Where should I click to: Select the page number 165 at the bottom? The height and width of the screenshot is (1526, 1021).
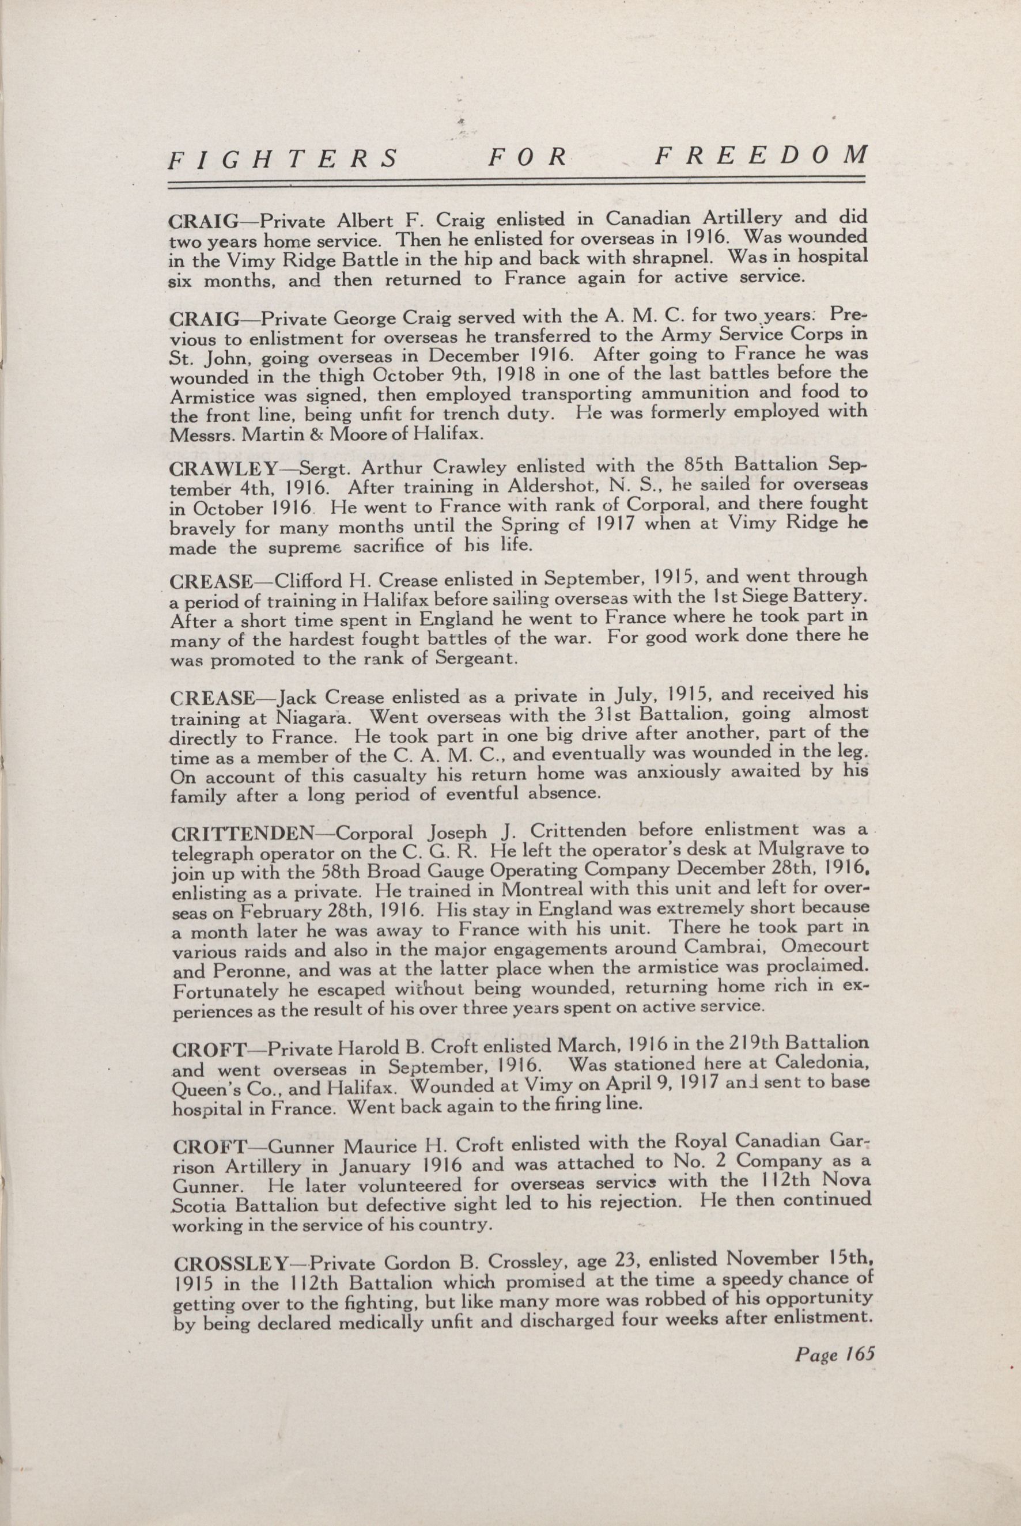pos(857,1355)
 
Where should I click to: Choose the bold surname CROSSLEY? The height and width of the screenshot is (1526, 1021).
pos(231,1264)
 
